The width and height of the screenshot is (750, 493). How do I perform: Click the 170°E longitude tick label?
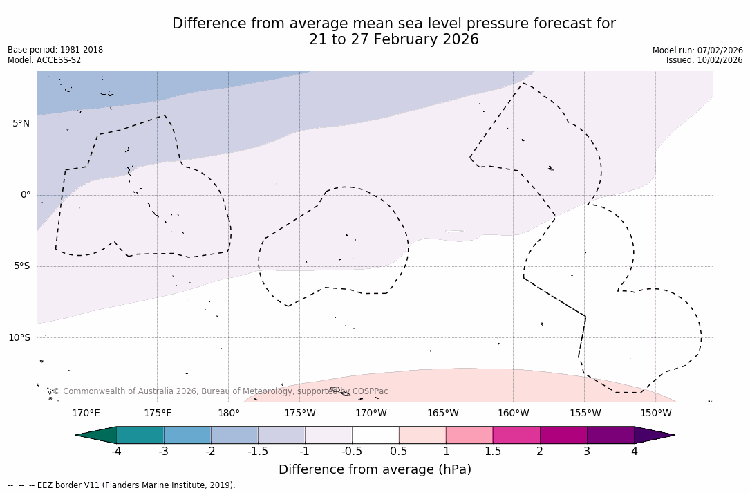click(86, 413)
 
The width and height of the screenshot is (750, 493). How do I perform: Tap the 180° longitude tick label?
click(229, 413)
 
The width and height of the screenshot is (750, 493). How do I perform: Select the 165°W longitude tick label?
click(442, 413)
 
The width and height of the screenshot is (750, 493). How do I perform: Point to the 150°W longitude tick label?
click(656, 413)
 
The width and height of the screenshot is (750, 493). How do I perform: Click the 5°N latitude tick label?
click(21, 124)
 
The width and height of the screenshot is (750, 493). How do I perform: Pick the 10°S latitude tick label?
click(19, 338)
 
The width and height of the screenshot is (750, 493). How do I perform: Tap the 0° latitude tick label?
click(26, 195)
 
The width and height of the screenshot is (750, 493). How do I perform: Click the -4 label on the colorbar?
click(117, 452)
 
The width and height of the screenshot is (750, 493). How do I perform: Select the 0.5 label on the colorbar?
click(399, 452)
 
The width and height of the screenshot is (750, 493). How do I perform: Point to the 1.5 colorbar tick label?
click(493, 452)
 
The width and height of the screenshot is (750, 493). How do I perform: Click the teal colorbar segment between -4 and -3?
click(140, 435)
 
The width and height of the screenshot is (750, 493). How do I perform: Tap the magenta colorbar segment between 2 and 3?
click(563, 435)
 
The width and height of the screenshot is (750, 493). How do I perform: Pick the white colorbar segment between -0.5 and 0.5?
click(375, 435)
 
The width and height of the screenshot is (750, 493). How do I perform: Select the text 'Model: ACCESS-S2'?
click(44, 60)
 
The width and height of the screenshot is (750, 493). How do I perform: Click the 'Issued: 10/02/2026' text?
click(704, 60)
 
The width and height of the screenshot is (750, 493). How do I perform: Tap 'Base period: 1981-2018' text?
click(55, 50)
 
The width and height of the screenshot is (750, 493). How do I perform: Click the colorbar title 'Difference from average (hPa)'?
click(375, 469)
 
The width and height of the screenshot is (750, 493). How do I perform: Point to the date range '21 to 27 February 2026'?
click(393, 40)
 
